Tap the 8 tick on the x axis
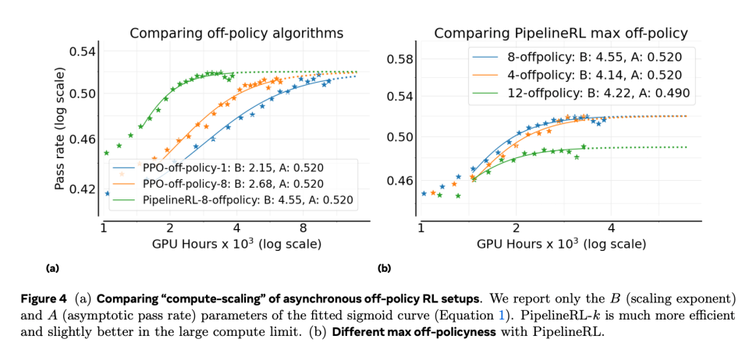coord(303,228)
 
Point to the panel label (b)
coord(384,268)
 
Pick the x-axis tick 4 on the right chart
coord(611,228)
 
